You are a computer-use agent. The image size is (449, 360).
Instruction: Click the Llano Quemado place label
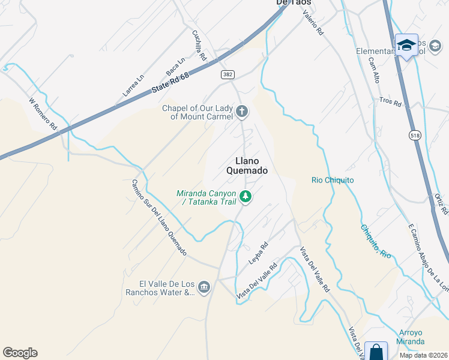point(246,165)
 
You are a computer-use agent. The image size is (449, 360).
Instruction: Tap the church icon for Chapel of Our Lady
point(242,111)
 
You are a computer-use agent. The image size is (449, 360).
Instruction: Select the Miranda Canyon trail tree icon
point(245,196)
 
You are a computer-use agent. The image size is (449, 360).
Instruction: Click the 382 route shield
point(227,74)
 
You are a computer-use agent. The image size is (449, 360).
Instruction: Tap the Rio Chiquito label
point(333,180)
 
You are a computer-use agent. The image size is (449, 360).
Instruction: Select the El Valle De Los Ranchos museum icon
point(204,288)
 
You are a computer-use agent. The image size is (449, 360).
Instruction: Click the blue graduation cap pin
point(406,46)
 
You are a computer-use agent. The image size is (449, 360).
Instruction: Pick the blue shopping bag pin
point(376,352)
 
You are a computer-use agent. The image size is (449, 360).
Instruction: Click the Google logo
point(20,353)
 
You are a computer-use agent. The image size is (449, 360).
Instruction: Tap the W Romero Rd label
point(43,115)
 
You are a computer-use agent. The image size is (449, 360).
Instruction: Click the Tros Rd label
point(390,103)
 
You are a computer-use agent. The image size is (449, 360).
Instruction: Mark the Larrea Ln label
point(133,85)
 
